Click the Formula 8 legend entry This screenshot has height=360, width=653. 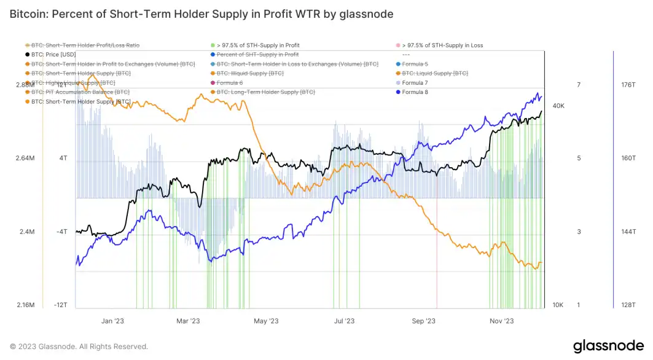415,92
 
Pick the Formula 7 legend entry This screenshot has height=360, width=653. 415,82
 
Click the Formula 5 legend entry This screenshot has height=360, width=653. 415,64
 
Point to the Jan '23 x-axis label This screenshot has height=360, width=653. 112,321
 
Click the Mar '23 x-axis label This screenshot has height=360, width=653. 188,321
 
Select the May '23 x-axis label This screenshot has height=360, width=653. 266,321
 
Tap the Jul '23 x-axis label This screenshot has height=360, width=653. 344,321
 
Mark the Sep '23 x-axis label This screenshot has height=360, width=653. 423,321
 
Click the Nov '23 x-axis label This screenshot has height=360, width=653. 501,321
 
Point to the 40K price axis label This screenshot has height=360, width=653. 558,106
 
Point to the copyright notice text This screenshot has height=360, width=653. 79,346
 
